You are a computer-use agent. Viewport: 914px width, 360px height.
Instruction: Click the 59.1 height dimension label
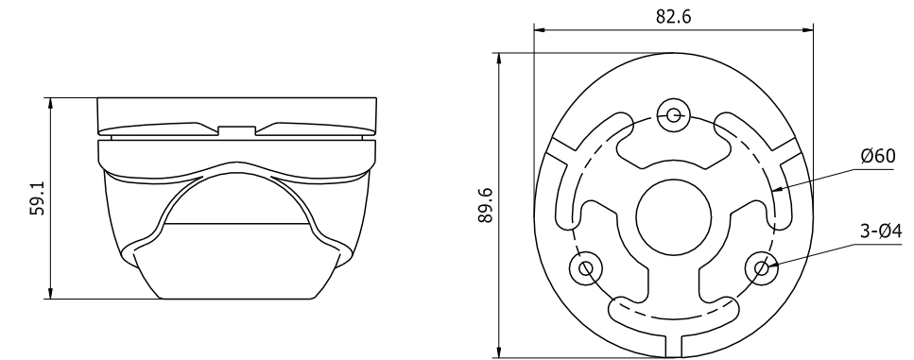click(37, 197)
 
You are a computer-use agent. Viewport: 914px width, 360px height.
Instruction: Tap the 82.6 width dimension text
click(673, 16)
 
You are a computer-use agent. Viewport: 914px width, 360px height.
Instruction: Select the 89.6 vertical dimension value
click(486, 205)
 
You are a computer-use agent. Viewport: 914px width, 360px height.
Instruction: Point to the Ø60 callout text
click(878, 156)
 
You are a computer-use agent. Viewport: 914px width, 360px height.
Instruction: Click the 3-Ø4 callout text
click(881, 231)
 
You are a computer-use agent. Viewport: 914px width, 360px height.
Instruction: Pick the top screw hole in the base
click(674, 114)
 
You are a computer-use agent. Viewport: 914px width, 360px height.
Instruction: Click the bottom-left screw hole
click(586, 268)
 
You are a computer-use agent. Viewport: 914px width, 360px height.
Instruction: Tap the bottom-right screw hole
click(762, 268)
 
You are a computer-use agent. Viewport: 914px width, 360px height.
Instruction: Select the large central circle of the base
click(674, 217)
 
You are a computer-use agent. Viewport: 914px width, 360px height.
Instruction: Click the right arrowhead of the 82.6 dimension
click(808, 29)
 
